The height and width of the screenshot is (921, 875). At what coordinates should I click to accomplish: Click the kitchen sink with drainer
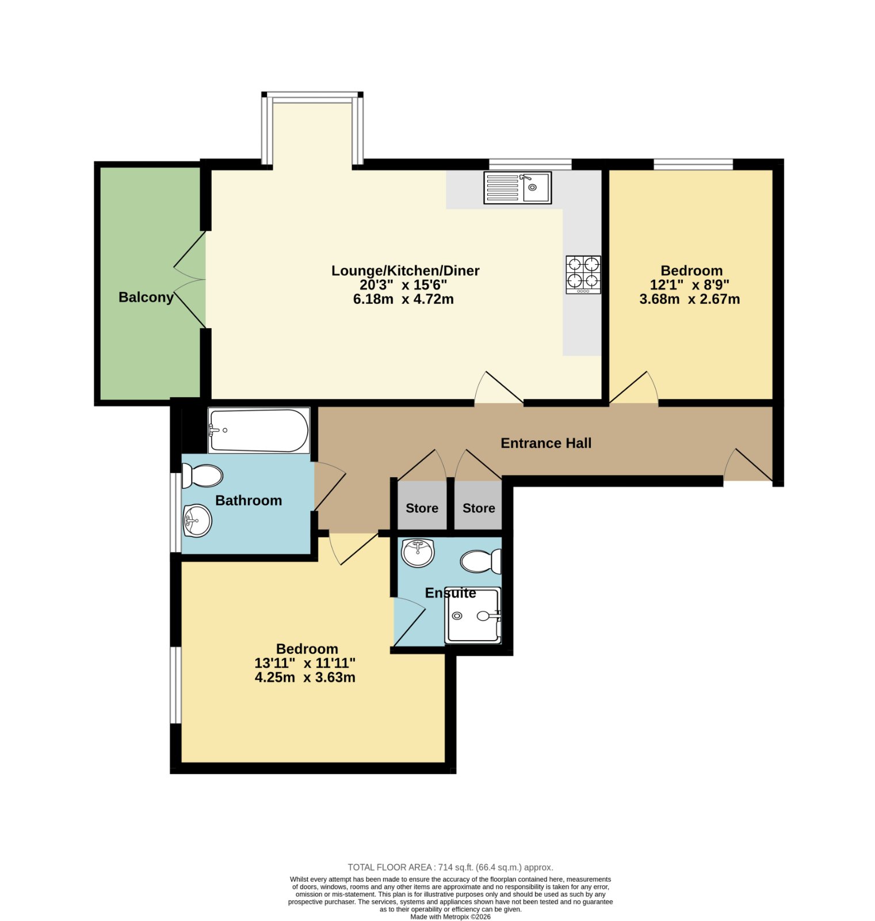(x=517, y=188)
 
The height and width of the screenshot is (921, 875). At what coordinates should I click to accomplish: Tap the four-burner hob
(x=583, y=275)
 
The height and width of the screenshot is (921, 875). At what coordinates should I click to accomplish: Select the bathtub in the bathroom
(x=259, y=431)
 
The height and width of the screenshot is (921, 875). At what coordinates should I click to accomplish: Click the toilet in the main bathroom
(x=202, y=476)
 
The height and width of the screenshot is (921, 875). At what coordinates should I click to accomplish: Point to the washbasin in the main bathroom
(x=197, y=521)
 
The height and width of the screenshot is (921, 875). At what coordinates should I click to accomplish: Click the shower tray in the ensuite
(x=473, y=615)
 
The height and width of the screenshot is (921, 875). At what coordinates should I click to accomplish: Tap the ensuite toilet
(x=482, y=561)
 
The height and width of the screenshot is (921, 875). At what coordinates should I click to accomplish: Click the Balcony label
(x=146, y=298)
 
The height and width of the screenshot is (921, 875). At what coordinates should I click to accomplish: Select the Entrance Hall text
(x=546, y=443)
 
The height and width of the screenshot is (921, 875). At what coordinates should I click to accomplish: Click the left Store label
(x=422, y=508)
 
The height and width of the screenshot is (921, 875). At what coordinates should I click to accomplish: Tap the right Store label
(x=479, y=508)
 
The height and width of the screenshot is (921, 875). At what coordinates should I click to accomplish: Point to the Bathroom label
(x=249, y=501)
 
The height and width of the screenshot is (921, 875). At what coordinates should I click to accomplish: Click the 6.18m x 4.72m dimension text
(x=403, y=299)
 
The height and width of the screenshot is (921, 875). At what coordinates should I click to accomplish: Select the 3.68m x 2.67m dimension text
(x=689, y=299)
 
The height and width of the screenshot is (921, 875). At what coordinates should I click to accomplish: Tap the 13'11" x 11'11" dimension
(x=305, y=663)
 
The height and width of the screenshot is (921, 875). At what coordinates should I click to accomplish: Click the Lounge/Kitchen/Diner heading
(x=406, y=271)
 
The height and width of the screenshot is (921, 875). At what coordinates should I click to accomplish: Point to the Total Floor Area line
(x=450, y=867)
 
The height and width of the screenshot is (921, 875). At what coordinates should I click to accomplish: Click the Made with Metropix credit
(x=450, y=917)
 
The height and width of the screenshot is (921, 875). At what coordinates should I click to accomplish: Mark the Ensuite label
(x=450, y=593)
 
